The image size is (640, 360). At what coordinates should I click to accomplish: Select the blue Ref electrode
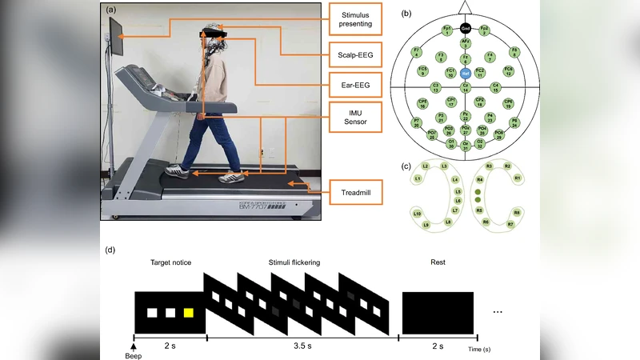[x=465, y=73]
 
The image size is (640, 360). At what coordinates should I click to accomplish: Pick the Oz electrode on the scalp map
[x=465, y=144]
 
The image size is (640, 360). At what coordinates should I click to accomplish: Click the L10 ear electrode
[x=417, y=214]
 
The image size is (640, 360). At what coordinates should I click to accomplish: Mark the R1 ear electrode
[x=518, y=178]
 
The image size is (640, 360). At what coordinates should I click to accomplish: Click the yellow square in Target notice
[x=189, y=313]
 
